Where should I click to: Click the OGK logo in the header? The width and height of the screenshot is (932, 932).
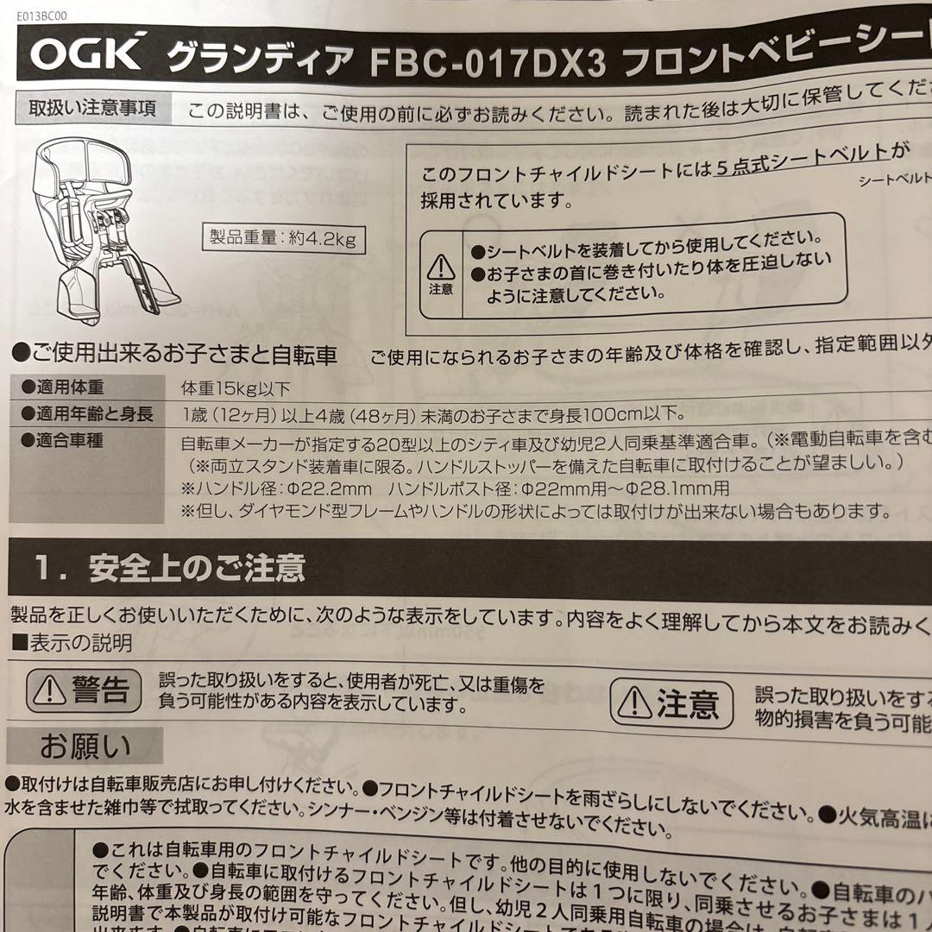click(x=86, y=54)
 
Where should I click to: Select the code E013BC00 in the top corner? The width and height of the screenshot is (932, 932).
click(x=41, y=15)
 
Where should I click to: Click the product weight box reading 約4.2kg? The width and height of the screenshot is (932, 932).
click(x=284, y=238)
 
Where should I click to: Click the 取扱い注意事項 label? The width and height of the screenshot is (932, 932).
click(x=92, y=109)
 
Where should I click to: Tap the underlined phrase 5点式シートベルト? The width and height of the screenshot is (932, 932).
click(x=801, y=152)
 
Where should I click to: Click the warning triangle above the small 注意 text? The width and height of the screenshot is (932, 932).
click(x=440, y=265)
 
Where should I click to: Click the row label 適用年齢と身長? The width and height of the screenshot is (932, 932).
click(x=86, y=414)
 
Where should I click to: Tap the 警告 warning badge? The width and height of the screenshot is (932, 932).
click(x=84, y=690)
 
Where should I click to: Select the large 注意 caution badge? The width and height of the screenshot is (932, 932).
click(x=671, y=704)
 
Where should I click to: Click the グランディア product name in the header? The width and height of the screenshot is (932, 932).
click(x=260, y=58)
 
